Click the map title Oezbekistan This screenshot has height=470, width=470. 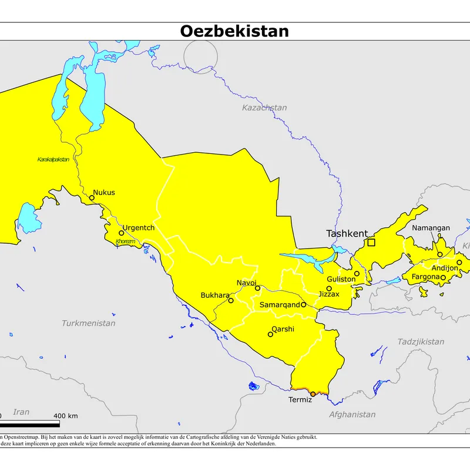coord(234,31)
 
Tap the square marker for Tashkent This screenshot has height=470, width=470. coord(371,242)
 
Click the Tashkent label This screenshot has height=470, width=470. coord(347,233)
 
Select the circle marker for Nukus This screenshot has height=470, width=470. coord(92,198)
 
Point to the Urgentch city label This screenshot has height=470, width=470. coord(139,227)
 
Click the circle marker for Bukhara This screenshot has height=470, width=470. coord(231,301)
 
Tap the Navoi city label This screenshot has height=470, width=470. coord(247,283)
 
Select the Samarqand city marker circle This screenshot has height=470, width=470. coord(304,305)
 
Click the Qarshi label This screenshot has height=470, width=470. coord(283,329)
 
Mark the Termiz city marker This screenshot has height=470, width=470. coord(313,394)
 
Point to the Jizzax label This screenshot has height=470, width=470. coord(329,294)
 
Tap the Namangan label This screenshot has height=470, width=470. coord(431,228)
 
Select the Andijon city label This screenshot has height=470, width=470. coord(444,268)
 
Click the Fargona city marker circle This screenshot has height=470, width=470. coord(443,277)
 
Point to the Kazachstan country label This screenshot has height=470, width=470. coord(264,108)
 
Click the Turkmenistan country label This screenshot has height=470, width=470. coord(89,323)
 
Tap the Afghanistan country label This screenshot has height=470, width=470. coord(352,414)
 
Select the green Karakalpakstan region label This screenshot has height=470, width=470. coord(53,160)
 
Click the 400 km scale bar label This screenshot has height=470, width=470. coord(66,416)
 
